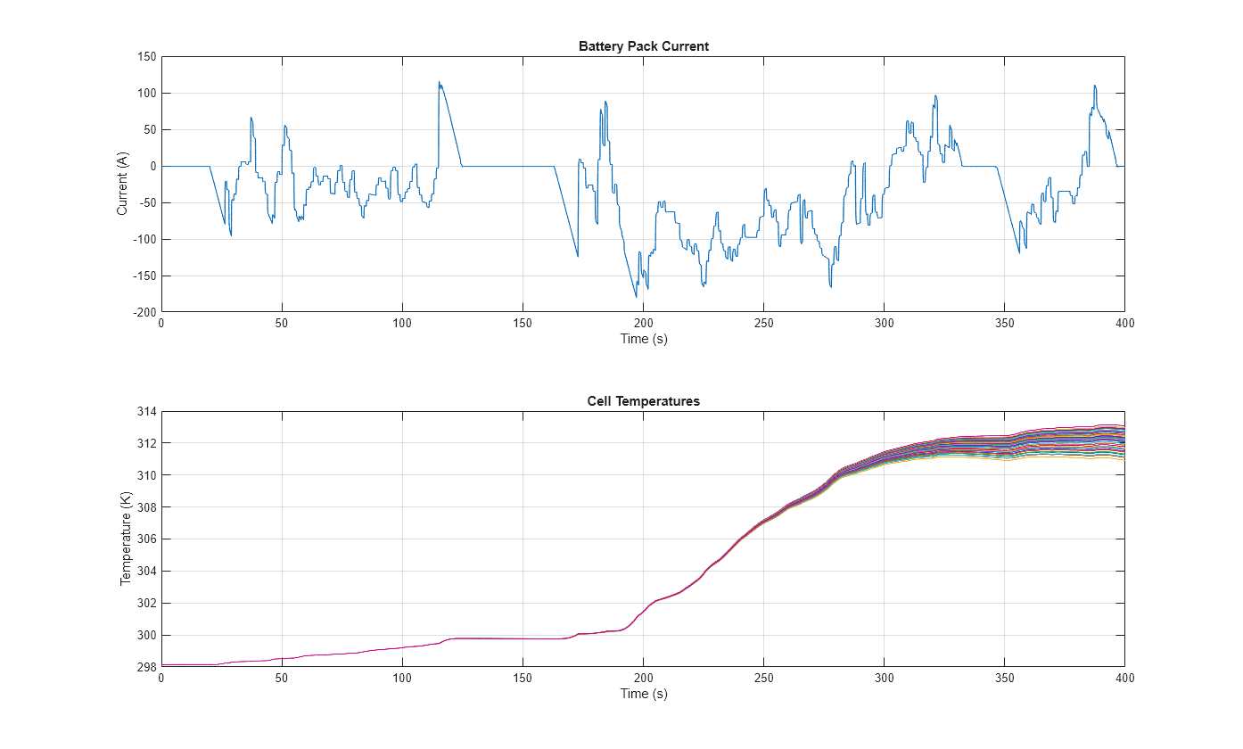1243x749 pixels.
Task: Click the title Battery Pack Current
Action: (643, 46)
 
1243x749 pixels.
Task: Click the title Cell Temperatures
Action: (643, 401)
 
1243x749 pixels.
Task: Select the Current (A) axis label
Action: (123, 184)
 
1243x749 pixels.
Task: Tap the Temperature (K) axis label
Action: (126, 539)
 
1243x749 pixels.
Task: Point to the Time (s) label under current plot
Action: (643, 339)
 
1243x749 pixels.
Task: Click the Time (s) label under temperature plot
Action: (643, 694)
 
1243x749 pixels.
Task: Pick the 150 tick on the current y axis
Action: (146, 57)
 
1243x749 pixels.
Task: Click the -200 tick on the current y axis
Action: (144, 312)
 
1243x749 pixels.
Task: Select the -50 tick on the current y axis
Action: (147, 203)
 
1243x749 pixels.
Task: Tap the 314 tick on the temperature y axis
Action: (146, 412)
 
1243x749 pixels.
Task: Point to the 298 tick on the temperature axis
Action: (146, 667)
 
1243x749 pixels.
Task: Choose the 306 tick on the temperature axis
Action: (146, 539)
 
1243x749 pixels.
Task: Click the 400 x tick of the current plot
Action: (1124, 324)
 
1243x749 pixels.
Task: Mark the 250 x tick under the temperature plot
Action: (763, 679)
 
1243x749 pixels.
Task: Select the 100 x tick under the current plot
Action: (402, 324)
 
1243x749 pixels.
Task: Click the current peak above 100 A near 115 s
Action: (439, 83)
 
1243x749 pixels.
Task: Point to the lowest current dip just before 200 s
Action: (637, 296)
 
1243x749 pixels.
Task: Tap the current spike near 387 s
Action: (1094, 86)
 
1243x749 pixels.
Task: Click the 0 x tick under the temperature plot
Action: (161, 679)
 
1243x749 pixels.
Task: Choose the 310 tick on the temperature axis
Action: (146, 475)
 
